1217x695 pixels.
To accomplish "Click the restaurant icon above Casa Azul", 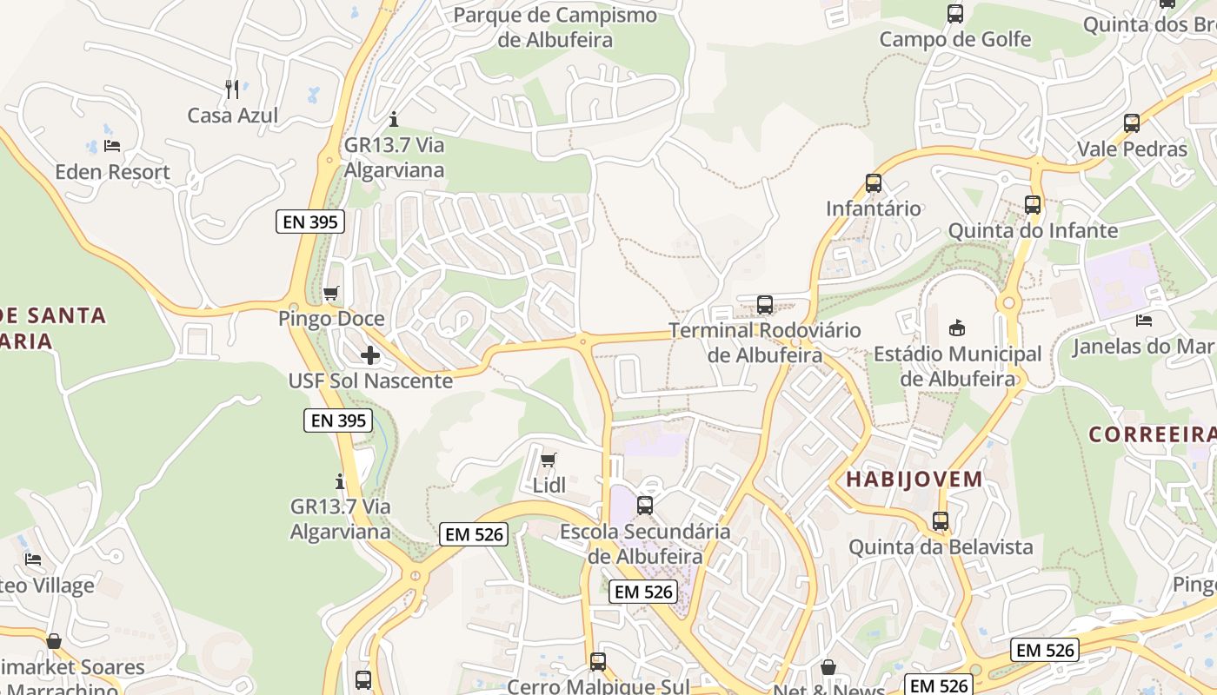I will pos(232,89).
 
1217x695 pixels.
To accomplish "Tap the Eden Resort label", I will pos(112,172).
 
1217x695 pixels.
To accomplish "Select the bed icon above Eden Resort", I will pos(112,146).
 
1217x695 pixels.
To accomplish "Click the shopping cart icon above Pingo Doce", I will pos(330,294).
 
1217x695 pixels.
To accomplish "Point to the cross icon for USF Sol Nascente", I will pos(370,355).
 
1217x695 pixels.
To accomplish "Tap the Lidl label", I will pos(549,486).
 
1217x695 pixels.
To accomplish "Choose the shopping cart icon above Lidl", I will pos(548,460).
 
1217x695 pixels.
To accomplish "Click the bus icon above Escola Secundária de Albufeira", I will pos(645,505).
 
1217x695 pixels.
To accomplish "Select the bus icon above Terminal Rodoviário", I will pos(765,305).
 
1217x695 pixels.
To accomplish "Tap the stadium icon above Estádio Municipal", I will pos(957,328).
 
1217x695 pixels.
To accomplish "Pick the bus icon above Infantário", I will pos(874,183).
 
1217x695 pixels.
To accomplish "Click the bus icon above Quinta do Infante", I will pos(1033,205).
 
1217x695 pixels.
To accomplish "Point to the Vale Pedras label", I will pos(1132,149).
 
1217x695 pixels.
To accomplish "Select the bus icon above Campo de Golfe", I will pos(955,14).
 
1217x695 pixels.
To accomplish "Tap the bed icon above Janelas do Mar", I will pos(1144,321).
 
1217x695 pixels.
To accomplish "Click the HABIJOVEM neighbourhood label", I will pos(914,479).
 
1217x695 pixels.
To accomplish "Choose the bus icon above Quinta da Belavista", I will pos(941,521).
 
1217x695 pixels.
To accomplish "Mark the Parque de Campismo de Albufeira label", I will pos(555,27).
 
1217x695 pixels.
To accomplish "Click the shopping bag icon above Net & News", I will pos(828,667).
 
